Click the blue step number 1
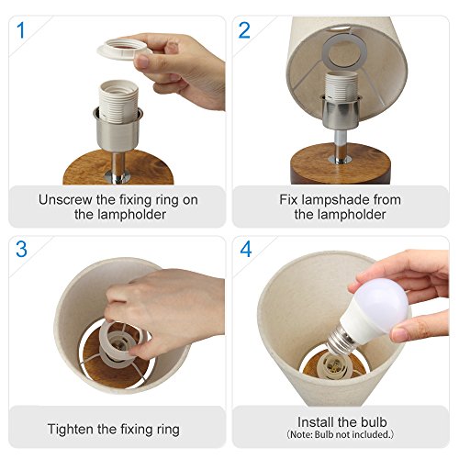coord(20,30)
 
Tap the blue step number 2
coord(244,30)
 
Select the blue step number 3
coord(21,250)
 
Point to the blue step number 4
coord(246,250)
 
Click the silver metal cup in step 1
coord(118,130)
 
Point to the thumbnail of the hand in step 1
coord(142,61)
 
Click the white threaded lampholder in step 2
coord(341,85)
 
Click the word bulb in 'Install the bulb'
coord(374,422)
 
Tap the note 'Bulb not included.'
coord(341,434)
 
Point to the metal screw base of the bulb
coord(341,339)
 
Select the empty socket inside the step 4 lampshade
coord(333,365)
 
